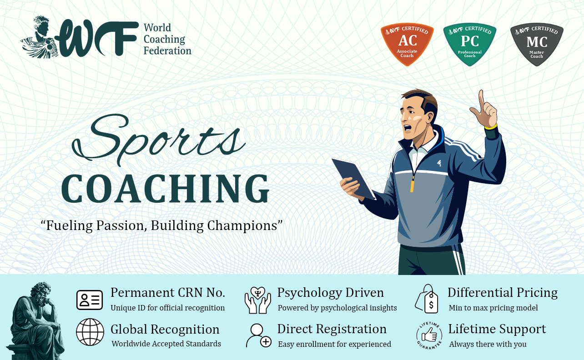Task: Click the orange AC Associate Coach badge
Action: point(407,44)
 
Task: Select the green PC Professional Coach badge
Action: point(470,44)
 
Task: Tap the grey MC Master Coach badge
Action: point(537,44)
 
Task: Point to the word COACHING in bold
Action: point(165,189)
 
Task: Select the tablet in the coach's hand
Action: point(353,178)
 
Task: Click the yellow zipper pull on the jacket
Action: point(412,184)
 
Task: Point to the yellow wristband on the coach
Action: point(491,127)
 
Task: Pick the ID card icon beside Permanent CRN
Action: point(90,300)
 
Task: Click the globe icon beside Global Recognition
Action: point(90,332)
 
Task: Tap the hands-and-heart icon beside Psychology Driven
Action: point(257,300)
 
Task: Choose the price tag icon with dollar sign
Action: point(427,299)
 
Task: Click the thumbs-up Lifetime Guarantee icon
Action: point(429,335)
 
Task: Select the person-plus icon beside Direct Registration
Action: point(259,335)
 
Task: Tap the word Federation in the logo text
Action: point(167,51)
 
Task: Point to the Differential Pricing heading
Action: point(503,293)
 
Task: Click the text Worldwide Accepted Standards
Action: point(166,344)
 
